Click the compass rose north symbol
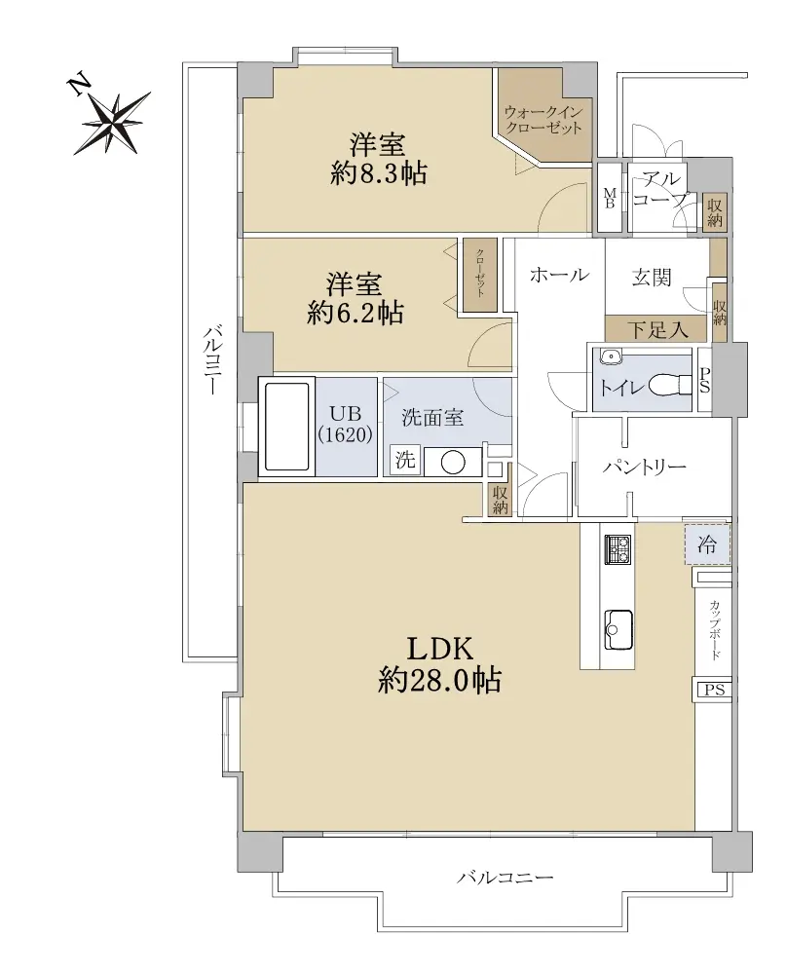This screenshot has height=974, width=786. [112, 120]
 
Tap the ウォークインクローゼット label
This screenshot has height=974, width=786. [543, 120]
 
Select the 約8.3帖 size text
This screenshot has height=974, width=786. [378, 174]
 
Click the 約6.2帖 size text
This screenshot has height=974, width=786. [355, 313]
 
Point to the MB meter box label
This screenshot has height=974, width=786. [610, 197]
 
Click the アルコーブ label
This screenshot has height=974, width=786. [659, 189]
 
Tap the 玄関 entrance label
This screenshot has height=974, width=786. [652, 277]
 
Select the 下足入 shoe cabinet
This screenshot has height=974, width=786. [656, 328]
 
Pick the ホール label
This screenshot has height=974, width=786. [559, 275]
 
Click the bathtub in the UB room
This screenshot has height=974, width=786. [286, 427]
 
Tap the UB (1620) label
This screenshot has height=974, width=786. [346, 424]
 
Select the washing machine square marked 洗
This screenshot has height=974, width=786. [405, 461]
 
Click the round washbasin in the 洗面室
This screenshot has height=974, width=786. [453, 461]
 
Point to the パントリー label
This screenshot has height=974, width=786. [644, 467]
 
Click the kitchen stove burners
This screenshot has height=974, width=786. [617, 548]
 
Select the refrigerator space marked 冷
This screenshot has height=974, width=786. [707, 544]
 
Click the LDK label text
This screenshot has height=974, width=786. [440, 649]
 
